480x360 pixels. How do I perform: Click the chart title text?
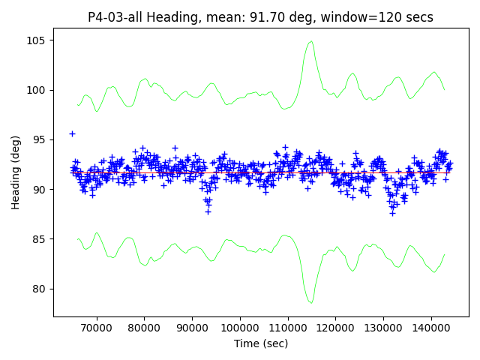[x=260, y=17]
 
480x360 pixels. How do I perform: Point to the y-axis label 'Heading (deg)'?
[x=16, y=172]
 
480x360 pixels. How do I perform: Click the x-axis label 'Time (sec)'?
[x=260, y=343]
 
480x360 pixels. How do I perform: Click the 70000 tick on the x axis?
[x=96, y=328]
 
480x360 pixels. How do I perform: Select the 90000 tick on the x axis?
[x=192, y=328]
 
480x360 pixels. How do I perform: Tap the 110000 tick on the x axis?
[x=287, y=328]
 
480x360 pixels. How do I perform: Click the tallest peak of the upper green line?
[x=310, y=42]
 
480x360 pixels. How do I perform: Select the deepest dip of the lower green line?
[x=310, y=302]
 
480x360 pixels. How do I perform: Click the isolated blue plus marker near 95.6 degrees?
[x=72, y=133]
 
